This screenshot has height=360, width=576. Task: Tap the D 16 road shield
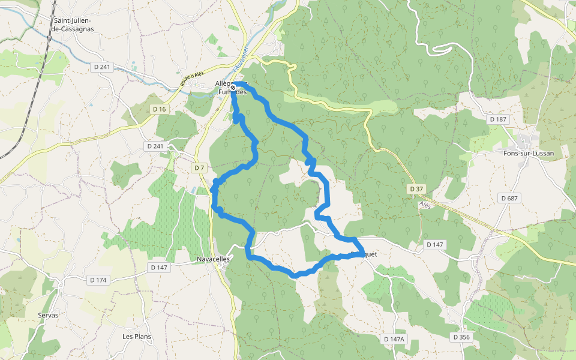click(x=159, y=109)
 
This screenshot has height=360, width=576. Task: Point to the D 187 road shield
click(x=498, y=119)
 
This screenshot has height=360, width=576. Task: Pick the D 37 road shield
click(x=416, y=189)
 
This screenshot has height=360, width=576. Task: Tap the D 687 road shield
click(x=509, y=198)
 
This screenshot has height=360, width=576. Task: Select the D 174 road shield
click(x=98, y=280)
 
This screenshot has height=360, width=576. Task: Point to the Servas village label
click(x=48, y=315)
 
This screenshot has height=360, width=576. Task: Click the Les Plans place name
click(x=137, y=337)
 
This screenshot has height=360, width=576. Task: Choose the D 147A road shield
click(x=394, y=339)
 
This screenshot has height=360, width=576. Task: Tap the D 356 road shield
click(x=462, y=337)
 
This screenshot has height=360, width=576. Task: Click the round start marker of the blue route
click(x=233, y=88)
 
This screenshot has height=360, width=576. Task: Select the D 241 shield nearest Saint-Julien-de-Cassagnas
click(x=103, y=68)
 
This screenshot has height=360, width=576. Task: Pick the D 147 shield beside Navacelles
click(x=159, y=268)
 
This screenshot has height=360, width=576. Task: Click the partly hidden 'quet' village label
click(x=370, y=254)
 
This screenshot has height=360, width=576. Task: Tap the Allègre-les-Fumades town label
click(x=230, y=88)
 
